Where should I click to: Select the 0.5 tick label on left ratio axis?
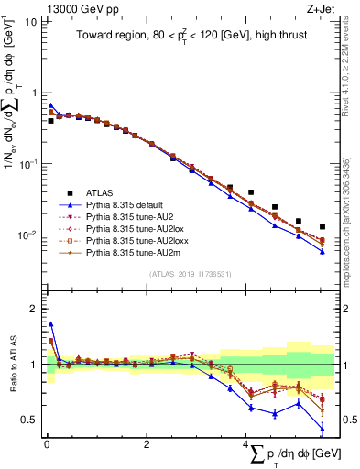[27, 420]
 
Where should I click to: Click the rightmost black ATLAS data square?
[322, 226]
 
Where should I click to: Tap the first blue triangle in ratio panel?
[50, 323]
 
